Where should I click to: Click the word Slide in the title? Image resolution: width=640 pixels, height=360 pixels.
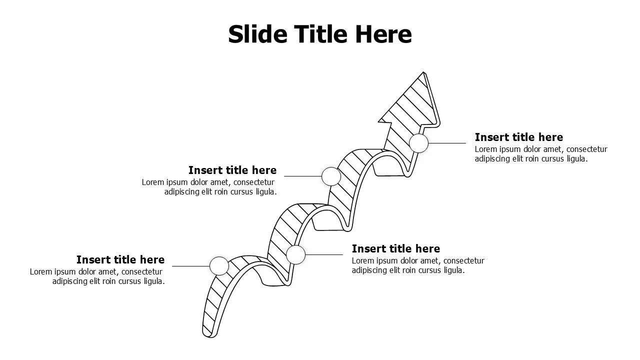point(257,34)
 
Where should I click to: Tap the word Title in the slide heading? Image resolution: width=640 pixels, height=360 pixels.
point(321,34)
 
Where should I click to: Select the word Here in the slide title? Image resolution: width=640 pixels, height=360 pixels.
point(383,34)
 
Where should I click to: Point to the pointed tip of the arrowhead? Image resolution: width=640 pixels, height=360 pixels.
point(423,72)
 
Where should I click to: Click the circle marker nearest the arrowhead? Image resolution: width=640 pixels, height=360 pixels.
point(419,143)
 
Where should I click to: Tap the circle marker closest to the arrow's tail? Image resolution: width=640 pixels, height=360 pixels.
point(219,266)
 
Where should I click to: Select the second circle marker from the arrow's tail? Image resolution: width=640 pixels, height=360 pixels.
point(295,254)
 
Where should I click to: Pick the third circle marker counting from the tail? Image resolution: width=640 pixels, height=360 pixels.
point(331,176)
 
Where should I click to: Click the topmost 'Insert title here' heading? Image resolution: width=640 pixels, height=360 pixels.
point(519,137)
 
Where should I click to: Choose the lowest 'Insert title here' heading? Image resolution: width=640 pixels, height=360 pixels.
point(120,259)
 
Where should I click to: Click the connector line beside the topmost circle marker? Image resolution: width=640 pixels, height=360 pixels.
point(447,143)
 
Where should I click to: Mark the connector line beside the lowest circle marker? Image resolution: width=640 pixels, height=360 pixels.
point(191,266)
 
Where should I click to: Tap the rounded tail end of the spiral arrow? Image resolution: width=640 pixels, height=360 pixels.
point(210,335)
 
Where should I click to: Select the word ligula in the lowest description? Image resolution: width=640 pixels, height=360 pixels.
point(154,281)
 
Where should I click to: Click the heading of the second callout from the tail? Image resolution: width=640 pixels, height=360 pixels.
point(396,248)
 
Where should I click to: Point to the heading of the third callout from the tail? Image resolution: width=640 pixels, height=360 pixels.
point(232,170)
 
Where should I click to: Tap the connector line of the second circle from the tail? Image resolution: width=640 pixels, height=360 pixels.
point(324,254)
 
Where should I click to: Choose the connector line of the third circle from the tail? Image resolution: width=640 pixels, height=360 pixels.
point(303,176)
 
